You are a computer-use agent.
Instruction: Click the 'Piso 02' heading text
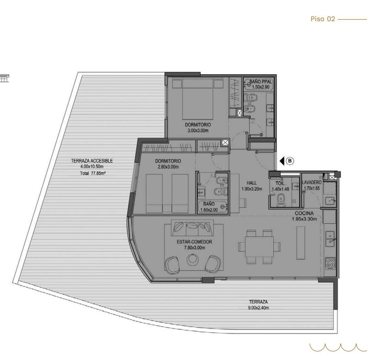click(323, 19)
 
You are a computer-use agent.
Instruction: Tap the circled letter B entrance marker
click(290, 161)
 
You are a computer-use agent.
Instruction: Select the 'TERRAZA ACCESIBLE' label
click(92, 160)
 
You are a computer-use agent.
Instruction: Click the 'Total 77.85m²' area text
click(92, 173)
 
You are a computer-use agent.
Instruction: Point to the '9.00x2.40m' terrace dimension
click(258, 308)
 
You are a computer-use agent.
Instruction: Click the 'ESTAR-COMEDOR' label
click(194, 242)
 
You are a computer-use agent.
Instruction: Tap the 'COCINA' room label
click(304, 213)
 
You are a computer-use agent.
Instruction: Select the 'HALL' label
click(252, 183)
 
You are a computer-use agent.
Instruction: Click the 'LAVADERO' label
click(312, 182)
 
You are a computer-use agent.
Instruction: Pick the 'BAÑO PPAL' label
click(261, 82)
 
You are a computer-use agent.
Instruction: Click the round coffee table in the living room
click(192, 259)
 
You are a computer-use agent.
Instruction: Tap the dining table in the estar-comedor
click(259, 247)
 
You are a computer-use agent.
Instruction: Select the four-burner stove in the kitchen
click(330, 264)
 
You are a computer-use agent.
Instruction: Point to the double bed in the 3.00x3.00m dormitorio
click(198, 99)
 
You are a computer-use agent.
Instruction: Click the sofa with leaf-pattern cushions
click(192, 228)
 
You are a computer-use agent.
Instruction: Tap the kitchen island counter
click(301, 242)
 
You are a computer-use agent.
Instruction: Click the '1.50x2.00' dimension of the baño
click(209, 210)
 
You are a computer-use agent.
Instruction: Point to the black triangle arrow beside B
click(282, 161)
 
